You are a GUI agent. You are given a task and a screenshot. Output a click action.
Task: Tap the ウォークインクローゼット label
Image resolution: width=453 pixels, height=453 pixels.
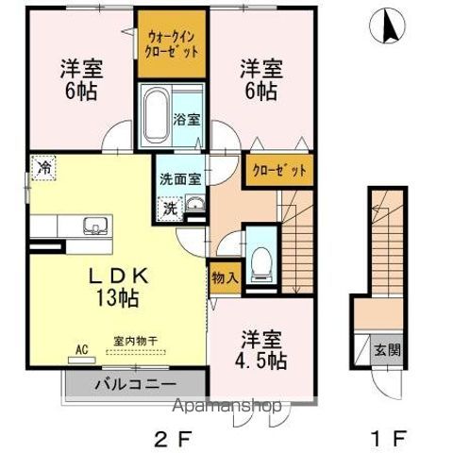click(x=172, y=43)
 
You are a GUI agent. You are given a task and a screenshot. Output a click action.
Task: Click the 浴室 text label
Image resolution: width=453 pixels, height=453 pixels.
click(x=187, y=120)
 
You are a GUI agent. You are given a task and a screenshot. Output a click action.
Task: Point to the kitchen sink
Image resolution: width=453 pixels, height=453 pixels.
click(x=94, y=226)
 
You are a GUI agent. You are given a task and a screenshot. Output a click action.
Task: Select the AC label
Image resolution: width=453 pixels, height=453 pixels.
click(x=81, y=348)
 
